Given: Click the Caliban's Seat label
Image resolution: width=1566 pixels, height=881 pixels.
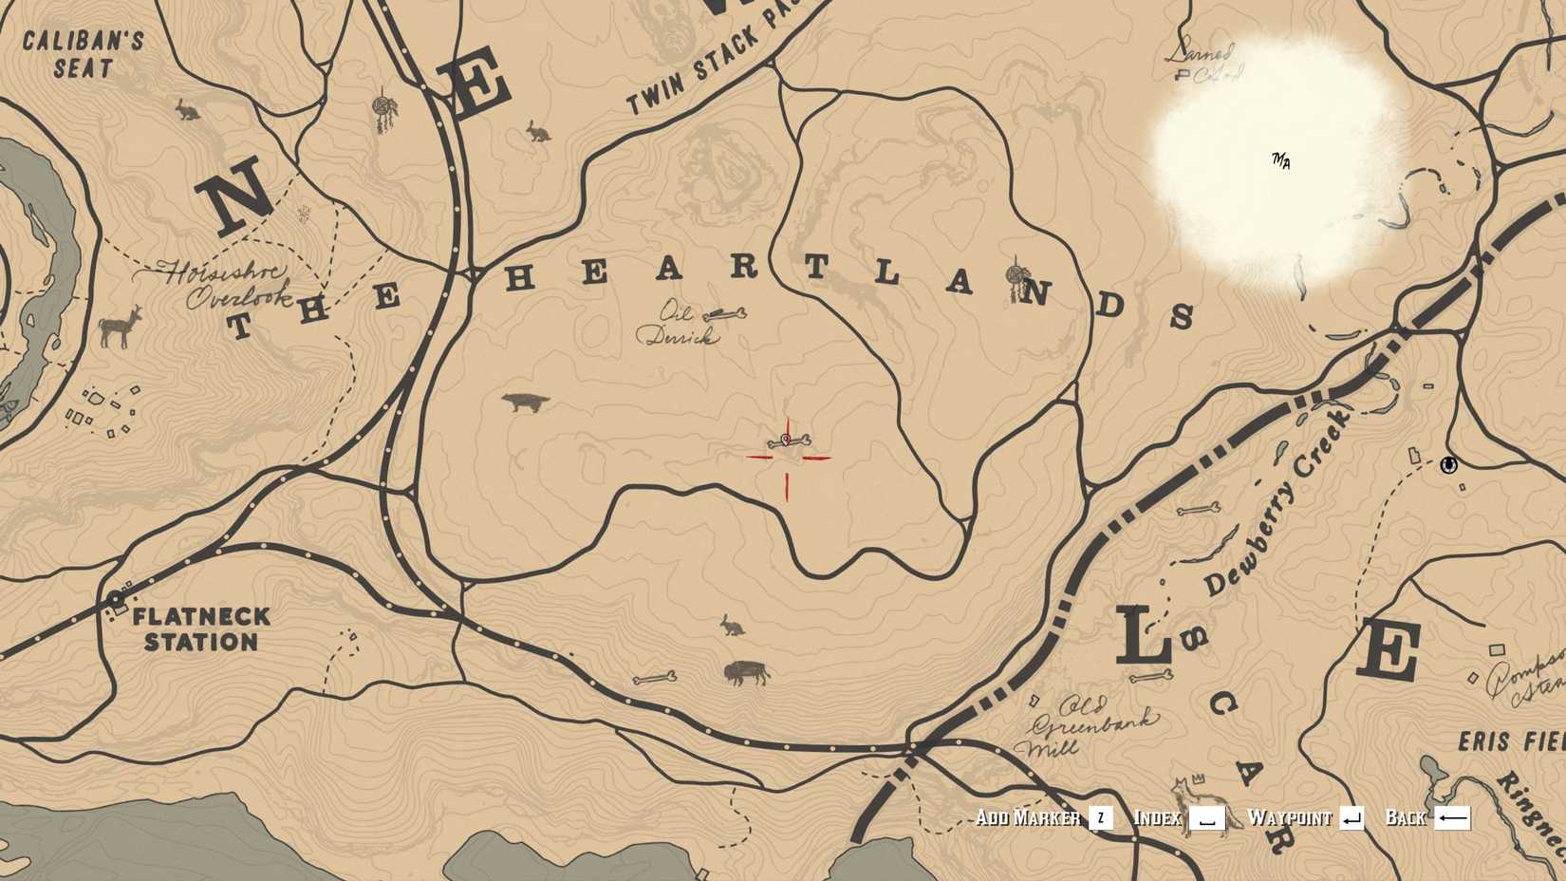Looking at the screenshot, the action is [83, 54].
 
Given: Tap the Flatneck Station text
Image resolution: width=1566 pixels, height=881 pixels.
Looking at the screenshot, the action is [201, 629].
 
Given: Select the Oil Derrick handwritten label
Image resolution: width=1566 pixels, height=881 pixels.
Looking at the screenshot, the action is [679, 324].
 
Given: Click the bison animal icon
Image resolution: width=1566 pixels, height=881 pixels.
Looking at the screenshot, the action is [746, 673].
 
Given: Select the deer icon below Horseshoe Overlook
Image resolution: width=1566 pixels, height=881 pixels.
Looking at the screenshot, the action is [120, 327].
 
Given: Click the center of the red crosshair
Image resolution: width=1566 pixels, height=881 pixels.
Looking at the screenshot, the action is [787, 458].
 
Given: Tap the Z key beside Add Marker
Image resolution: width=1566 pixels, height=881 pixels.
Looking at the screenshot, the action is [1100, 817].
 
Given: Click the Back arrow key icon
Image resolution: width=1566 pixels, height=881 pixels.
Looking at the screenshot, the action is [1452, 817].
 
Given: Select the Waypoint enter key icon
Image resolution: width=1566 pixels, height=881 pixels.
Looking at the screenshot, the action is [1352, 817].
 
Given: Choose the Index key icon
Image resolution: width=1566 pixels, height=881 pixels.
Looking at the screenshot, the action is [1206, 817].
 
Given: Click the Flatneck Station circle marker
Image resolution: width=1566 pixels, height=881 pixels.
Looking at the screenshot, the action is [116, 599].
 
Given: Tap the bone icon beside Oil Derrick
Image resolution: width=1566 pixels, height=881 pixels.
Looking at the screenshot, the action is [726, 313].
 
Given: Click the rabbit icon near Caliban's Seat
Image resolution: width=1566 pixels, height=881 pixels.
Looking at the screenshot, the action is [187, 110].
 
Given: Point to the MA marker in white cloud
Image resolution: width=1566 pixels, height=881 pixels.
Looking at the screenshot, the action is [1281, 160].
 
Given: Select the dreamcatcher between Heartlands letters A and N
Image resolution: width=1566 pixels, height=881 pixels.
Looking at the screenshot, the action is [1016, 277].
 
